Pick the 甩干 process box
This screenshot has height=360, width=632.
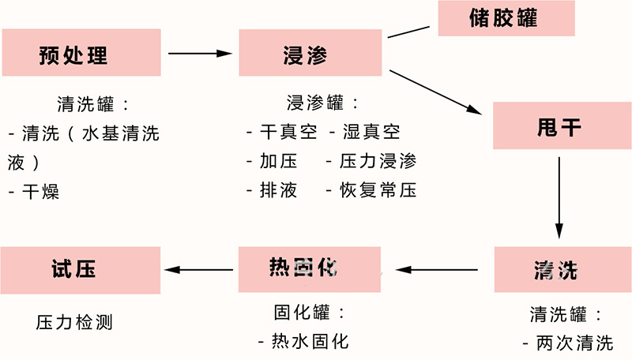pyautogui.click(x=559, y=126)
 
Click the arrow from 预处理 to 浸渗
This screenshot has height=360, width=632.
pyautogui.click(x=200, y=54)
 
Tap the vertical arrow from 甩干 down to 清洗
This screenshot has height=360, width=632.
pyautogui.click(x=559, y=197)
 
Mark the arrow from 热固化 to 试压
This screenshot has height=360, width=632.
pyautogui.click(x=200, y=270)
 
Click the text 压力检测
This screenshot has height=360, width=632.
pyautogui.click(x=75, y=322)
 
